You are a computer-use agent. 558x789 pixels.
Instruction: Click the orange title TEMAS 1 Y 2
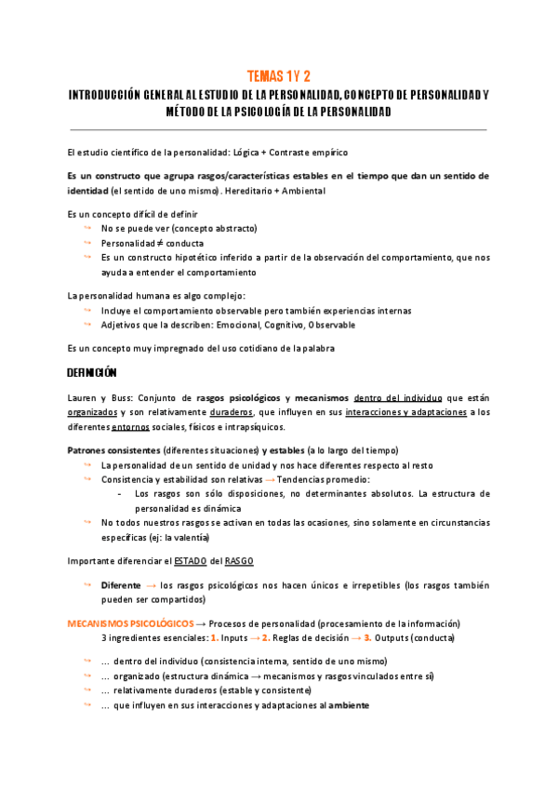click(278, 76)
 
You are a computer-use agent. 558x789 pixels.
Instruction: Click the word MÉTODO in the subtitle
click(190, 112)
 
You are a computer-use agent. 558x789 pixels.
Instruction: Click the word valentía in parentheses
click(191, 538)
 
